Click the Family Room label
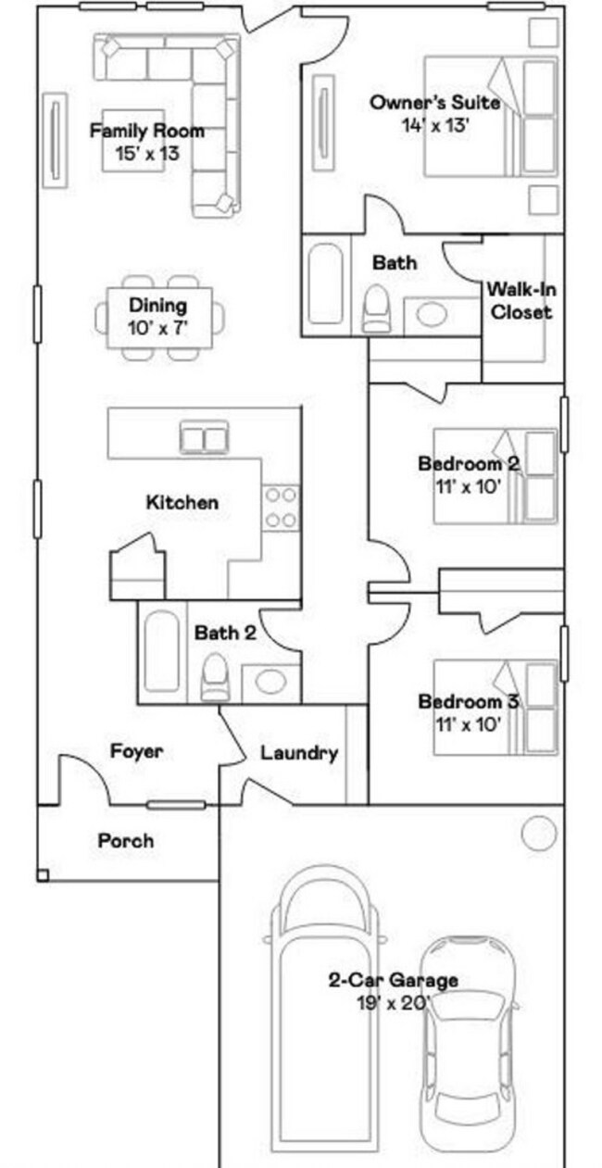tap(146, 132)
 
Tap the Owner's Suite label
tap(434, 103)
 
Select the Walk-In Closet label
tap(520, 301)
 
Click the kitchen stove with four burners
tap(281, 508)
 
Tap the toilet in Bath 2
tap(215, 677)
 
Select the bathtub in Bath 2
tap(161, 650)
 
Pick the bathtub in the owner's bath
tap(324, 283)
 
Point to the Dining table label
tap(157, 306)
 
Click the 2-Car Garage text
tap(393, 980)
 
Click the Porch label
tap(126, 841)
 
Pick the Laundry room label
tap(298, 753)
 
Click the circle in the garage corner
tap(537, 835)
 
